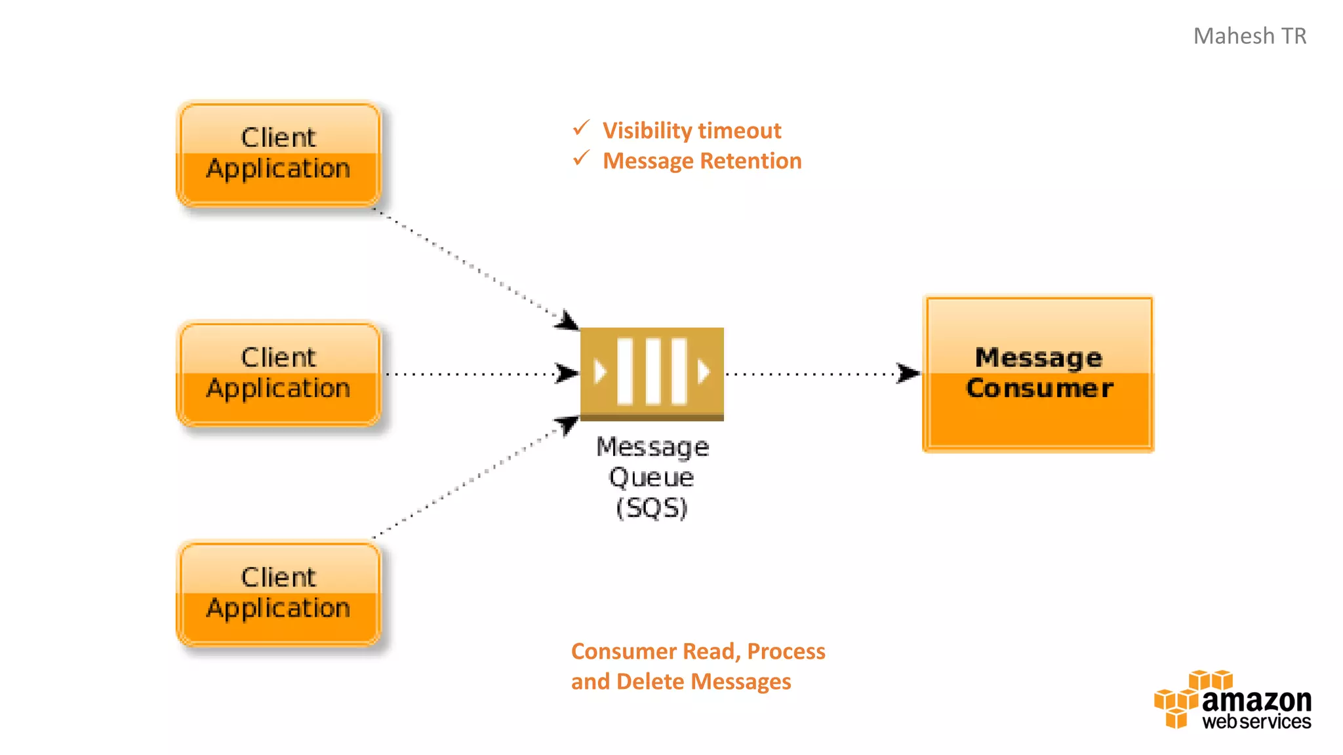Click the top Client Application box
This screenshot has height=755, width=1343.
click(x=279, y=154)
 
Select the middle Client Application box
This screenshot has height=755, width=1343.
click(x=279, y=374)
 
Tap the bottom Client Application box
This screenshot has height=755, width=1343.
click(x=279, y=594)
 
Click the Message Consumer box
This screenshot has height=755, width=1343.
click(x=1038, y=374)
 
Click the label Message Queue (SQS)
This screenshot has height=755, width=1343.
click(x=652, y=476)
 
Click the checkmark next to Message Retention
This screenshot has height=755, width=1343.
click(x=581, y=158)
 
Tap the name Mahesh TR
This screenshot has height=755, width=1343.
click(x=1249, y=36)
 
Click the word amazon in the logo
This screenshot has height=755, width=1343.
click(x=1256, y=701)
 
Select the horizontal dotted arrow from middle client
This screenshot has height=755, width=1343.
click(x=472, y=374)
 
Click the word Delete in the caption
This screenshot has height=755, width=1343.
click(x=652, y=682)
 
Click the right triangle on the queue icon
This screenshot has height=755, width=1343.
click(x=703, y=372)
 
